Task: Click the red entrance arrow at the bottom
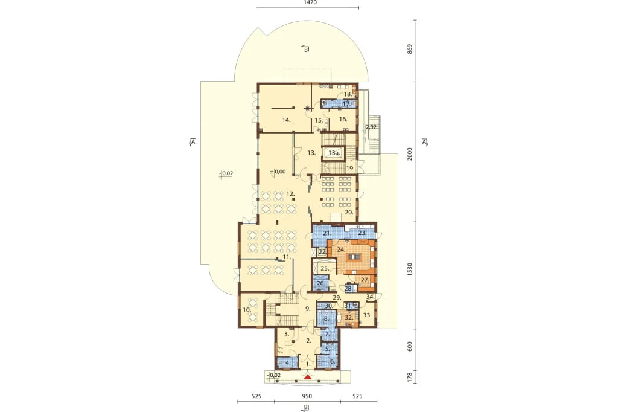pyautogui.click(x=308, y=378)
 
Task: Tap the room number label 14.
pyautogui.click(x=287, y=120)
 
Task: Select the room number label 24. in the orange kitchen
pyautogui.click(x=342, y=249)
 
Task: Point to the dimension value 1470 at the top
pyautogui.click(x=310, y=3)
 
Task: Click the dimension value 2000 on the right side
pyautogui.click(x=410, y=154)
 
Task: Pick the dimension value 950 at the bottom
pyautogui.click(x=307, y=396)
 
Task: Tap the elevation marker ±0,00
pyautogui.click(x=278, y=172)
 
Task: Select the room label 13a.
pyautogui.click(x=334, y=153)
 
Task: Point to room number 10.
pyautogui.click(x=247, y=310)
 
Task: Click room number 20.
pyautogui.click(x=349, y=212)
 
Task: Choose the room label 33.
pyautogui.click(x=368, y=315)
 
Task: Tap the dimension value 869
pyautogui.click(x=410, y=50)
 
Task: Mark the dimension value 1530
pyautogui.click(x=410, y=269)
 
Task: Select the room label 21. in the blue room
pyautogui.click(x=327, y=233)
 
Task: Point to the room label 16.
pyautogui.click(x=343, y=119)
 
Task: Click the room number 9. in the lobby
pyautogui.click(x=308, y=309)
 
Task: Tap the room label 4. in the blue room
pyautogui.click(x=288, y=363)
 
